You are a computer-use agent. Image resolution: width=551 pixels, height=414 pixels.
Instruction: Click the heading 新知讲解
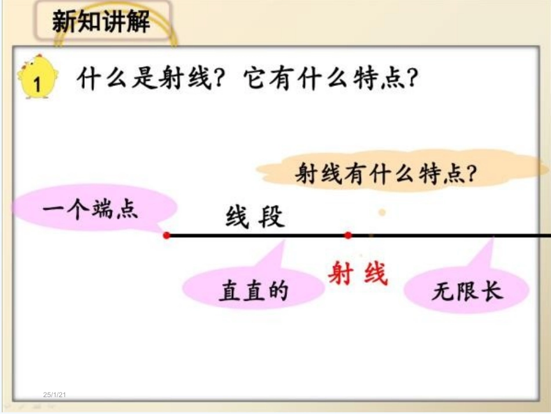tap(101, 23)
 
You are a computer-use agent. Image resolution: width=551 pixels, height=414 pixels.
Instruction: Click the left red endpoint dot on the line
tap(166, 236)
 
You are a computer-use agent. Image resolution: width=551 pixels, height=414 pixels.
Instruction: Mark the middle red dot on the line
tap(348, 236)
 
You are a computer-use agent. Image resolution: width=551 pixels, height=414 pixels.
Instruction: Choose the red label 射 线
tap(357, 272)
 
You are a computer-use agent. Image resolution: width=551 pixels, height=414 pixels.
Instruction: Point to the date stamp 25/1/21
tap(56, 395)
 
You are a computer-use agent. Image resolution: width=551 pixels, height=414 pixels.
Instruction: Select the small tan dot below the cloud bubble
tap(382, 213)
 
